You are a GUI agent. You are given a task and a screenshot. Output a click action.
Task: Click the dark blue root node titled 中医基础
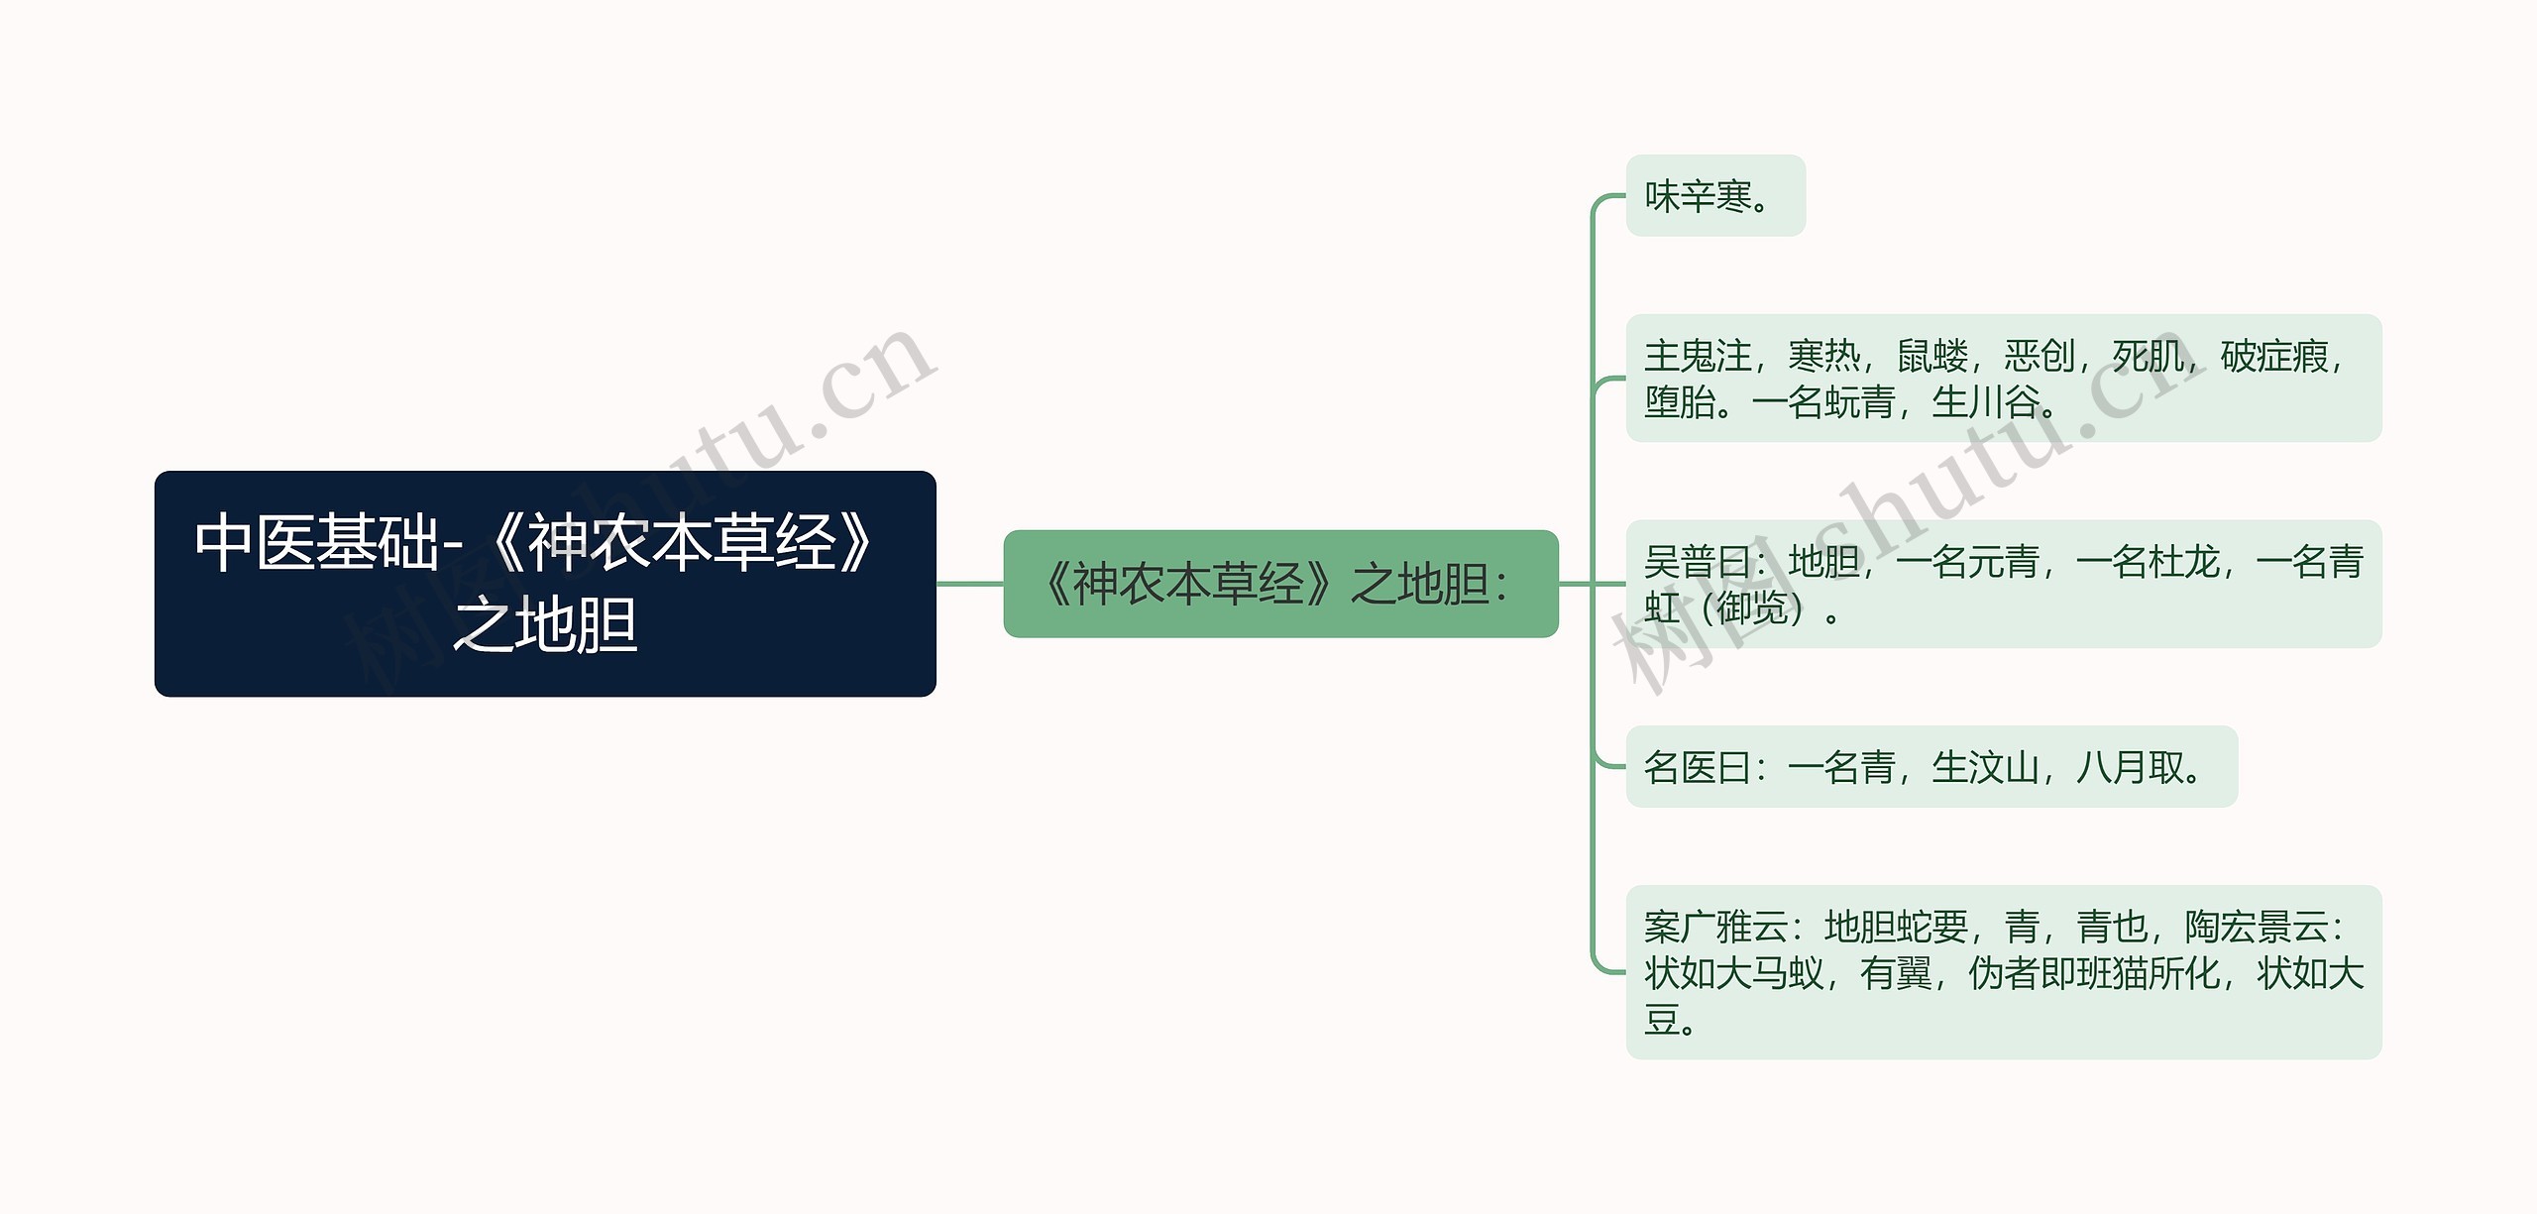545,583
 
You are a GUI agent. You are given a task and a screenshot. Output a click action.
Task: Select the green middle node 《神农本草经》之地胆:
1280,584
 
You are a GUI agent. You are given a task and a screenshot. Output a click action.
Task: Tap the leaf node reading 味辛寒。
1714,196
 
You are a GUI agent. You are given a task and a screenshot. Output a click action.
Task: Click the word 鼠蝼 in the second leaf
1932,356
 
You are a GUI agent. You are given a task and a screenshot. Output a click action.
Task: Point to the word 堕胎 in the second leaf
1680,402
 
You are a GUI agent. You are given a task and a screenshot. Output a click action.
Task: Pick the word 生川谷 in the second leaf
1985,402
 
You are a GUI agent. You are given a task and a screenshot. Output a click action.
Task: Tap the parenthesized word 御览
1752,608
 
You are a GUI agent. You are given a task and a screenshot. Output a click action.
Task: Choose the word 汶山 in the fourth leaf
2004,767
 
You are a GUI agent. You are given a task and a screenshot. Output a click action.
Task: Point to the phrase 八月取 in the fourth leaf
2130,767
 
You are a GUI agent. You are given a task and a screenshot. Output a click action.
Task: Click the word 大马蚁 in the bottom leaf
1770,974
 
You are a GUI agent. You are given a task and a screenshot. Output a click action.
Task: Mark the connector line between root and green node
969,584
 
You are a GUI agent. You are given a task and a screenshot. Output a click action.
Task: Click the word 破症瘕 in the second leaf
2274,356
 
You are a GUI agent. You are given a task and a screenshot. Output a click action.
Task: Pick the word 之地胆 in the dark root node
545,625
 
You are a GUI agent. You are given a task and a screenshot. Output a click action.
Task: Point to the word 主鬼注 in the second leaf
1698,356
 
